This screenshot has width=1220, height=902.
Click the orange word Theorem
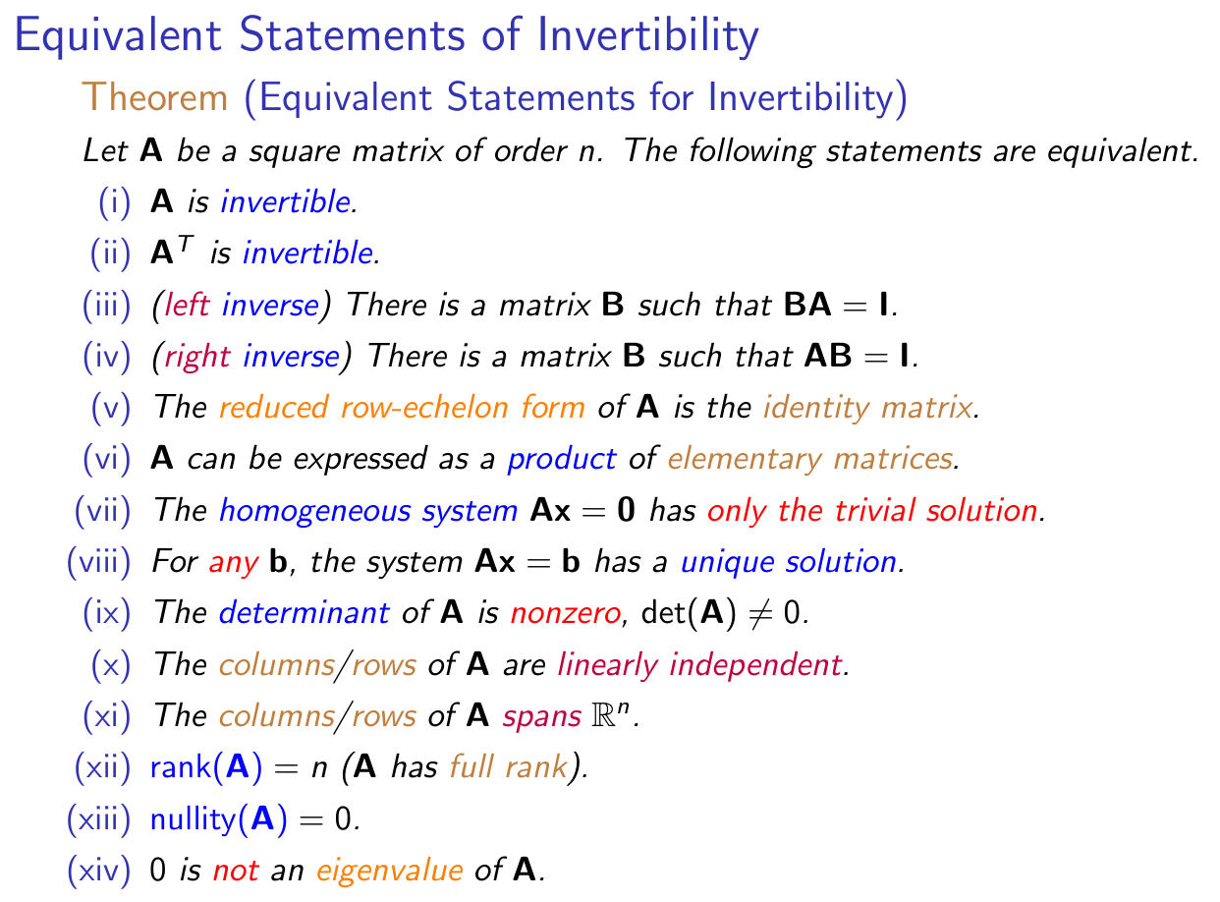coord(154,97)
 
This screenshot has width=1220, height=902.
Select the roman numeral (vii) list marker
coord(103,511)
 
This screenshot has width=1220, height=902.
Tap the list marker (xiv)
coord(99,871)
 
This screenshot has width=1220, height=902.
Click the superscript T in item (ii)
coord(186,243)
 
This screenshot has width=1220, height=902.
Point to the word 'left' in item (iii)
coord(187,305)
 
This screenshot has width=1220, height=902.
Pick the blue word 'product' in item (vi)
coord(561,460)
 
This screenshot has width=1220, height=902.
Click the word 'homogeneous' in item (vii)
coord(314,511)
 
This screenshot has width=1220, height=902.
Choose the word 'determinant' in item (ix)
coord(305,612)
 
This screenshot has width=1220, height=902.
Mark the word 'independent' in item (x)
coord(755,665)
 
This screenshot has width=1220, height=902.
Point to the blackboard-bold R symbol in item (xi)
coord(603,716)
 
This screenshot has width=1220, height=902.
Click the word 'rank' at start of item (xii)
coord(181,767)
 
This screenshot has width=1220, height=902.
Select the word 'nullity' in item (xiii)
coord(194,819)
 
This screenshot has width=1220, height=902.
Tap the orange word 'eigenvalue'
coord(389,871)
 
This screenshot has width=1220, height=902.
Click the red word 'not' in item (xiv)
coord(236,871)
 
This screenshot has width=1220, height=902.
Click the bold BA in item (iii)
coord(806,305)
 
